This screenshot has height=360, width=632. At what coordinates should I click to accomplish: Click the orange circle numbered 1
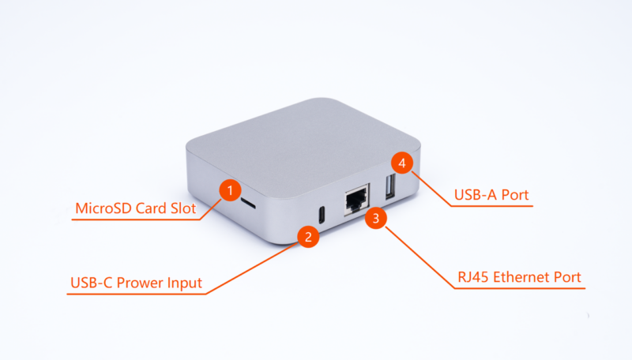point(230,190)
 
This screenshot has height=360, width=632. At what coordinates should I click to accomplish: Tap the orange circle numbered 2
point(308,236)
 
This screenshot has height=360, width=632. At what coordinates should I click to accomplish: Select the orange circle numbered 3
point(376,218)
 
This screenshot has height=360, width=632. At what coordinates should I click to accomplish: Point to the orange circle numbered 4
point(402,163)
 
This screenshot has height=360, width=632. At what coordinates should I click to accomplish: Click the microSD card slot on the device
point(248,204)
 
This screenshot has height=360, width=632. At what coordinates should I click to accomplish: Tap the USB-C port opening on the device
point(322,215)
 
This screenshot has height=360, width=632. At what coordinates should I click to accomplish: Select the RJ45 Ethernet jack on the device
point(356,199)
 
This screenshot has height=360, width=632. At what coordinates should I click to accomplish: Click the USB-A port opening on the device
point(390,186)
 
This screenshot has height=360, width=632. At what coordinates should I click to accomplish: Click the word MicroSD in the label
point(103,208)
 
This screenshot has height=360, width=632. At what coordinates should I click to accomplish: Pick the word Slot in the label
point(183,208)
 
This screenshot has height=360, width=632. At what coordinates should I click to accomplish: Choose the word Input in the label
point(184,283)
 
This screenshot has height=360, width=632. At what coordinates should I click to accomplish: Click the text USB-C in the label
point(91,283)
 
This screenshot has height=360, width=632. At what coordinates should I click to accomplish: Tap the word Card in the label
point(151,208)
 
